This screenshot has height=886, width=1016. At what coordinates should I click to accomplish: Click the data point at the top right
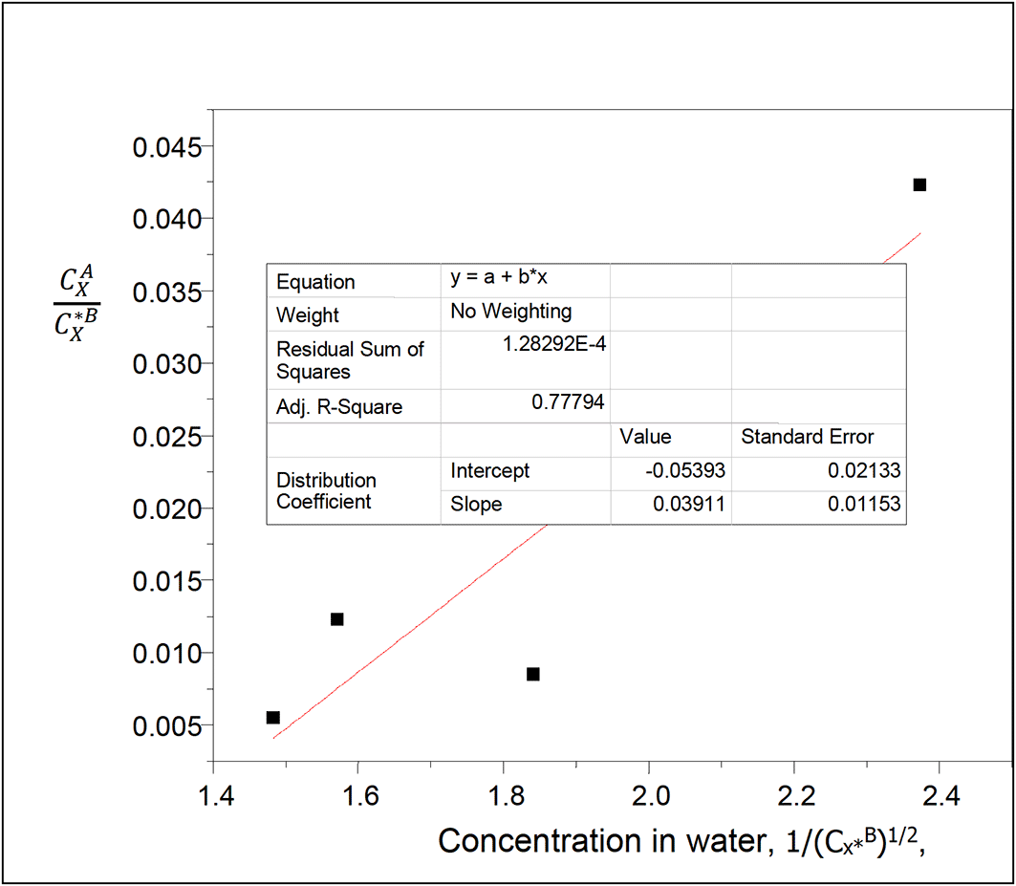919,184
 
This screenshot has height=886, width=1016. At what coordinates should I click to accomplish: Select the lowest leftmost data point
272,717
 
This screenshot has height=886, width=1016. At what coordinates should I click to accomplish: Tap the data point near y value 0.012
336,619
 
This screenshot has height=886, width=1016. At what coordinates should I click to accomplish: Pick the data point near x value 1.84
533,674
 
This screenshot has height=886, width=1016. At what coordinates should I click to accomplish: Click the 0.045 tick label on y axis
167,147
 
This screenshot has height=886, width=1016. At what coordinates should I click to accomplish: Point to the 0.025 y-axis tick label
167,437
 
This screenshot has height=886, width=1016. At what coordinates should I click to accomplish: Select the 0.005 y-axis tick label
167,725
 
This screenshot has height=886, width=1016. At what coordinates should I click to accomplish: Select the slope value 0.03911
690,504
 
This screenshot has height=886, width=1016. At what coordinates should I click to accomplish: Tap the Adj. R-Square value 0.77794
568,403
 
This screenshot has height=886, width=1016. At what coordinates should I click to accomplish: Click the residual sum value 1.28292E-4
554,344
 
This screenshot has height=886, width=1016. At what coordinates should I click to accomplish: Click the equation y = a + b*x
498,278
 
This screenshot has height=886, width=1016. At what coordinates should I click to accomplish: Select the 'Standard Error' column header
808,437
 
